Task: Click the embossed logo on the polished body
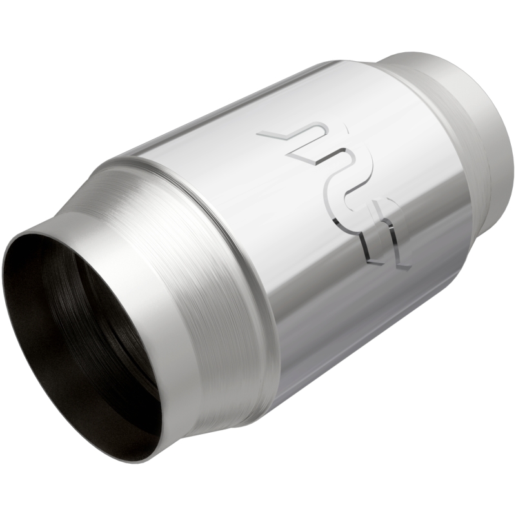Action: (x=335, y=193)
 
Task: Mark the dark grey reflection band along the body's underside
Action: (x=361, y=322)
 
